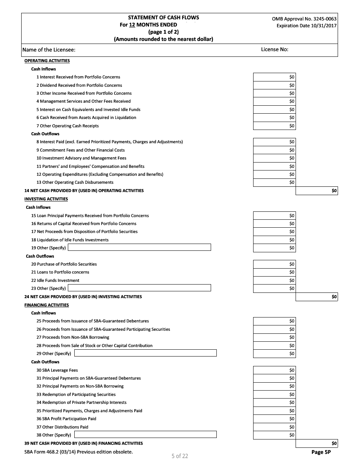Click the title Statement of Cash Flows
[x=163, y=17]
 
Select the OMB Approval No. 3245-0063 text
[x=304, y=19]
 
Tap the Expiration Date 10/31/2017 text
[x=306, y=26]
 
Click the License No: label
[x=274, y=50]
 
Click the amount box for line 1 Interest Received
[x=274, y=77]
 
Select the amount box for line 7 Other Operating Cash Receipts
[x=274, y=126]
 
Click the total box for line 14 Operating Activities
[x=316, y=191]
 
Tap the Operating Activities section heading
[x=47, y=61]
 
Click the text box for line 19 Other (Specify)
[x=139, y=247]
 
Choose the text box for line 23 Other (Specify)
[x=139, y=288]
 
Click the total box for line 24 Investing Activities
[x=316, y=297]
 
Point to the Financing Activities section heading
[x=47, y=305]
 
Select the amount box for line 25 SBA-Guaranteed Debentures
[x=274, y=321]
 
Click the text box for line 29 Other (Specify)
[x=145, y=353]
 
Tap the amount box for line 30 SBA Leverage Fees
[x=274, y=370]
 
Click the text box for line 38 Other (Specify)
[x=145, y=435]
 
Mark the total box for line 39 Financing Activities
[x=316, y=443]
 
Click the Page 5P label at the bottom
[x=321, y=452]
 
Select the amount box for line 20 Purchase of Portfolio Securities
[x=274, y=264]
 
